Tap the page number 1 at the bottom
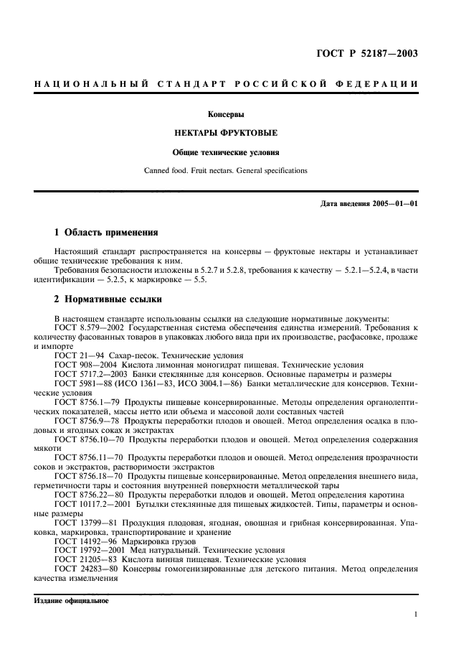[415, 614]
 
